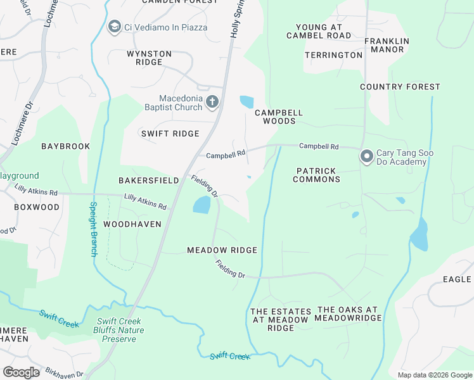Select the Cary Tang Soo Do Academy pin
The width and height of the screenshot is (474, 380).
366,156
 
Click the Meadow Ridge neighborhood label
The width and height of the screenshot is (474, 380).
222,250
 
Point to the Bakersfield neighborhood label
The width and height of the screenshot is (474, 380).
149,180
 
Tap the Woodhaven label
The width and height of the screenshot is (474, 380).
132,224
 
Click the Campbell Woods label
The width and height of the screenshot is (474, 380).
279,117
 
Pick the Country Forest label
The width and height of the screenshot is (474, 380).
400,87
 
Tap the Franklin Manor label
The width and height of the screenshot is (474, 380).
387,45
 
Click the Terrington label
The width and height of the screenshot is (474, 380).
333,55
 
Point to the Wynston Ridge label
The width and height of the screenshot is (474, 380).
149,58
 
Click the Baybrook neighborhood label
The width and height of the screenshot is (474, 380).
66,146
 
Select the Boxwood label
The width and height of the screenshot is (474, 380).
37,207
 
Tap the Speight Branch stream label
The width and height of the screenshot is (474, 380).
93,229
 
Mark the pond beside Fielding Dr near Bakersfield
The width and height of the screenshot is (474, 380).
201,205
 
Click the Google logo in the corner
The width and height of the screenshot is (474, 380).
21,372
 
